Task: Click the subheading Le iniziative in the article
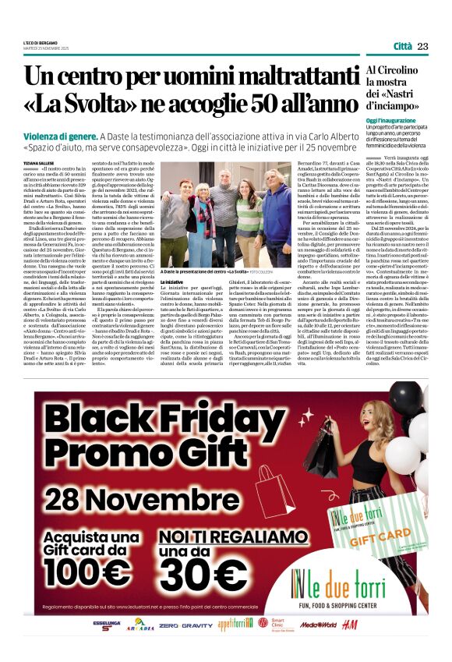[173, 281]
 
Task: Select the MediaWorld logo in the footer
[318, 625]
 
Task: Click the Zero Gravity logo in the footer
[185, 625]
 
